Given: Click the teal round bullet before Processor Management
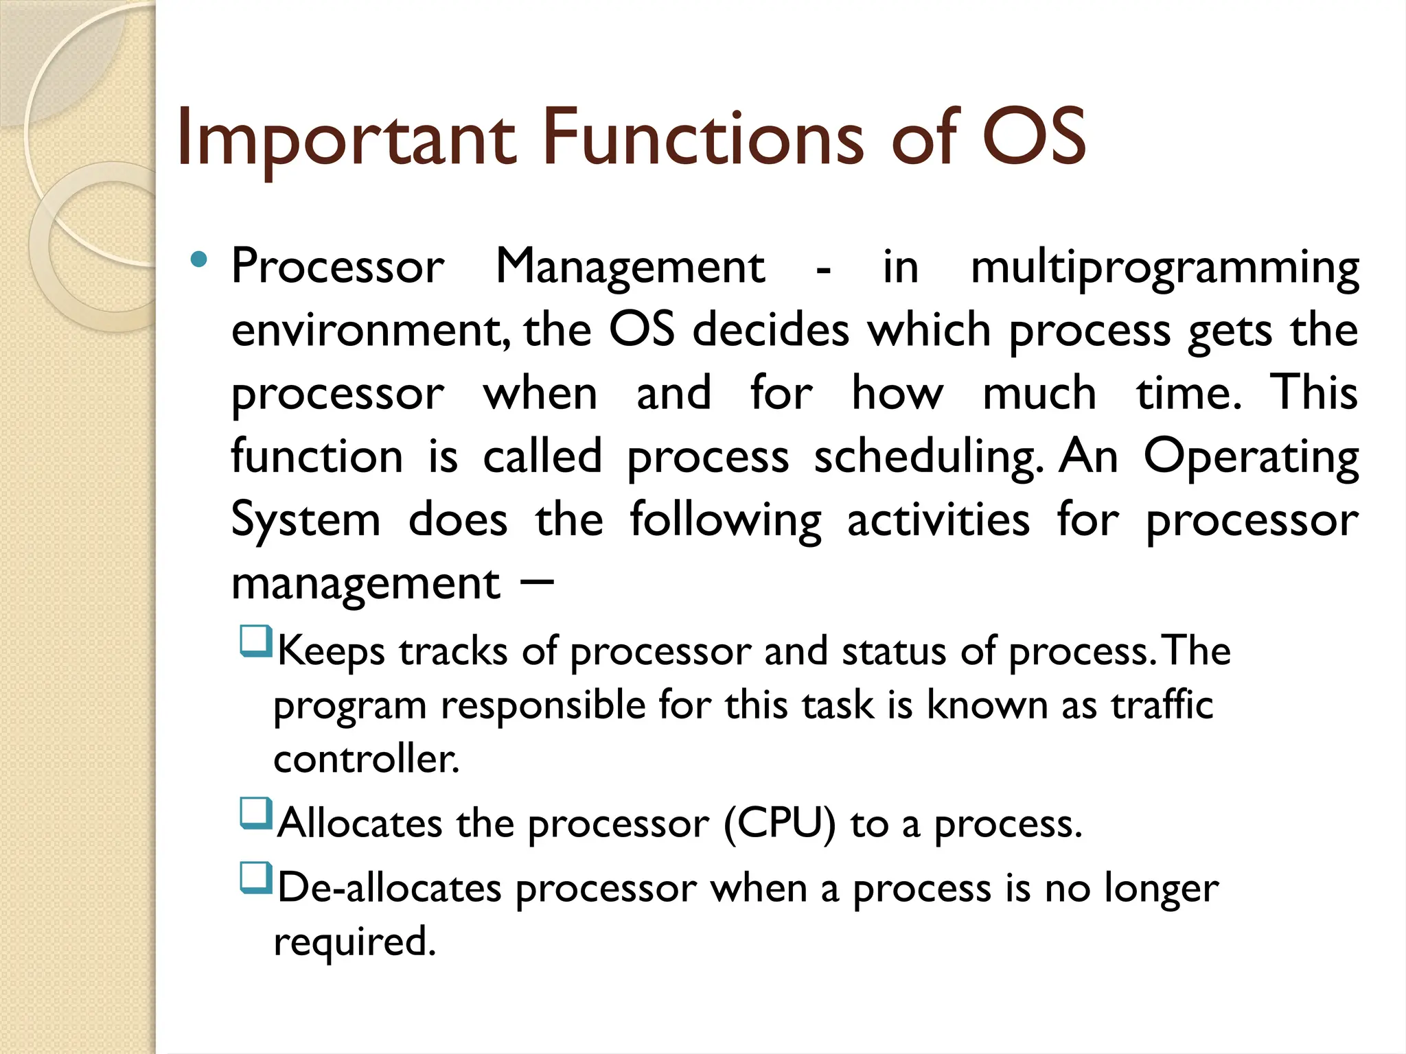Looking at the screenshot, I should tap(198, 259).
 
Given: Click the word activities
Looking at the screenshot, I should tap(938, 519).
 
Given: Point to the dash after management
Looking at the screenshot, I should tap(537, 583).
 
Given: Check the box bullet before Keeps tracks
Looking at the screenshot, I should tap(256, 641).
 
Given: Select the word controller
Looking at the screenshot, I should tap(366, 759).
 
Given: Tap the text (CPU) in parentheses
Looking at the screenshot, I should tap(780, 823).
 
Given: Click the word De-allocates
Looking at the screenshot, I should tap(389, 888).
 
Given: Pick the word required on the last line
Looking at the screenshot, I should tap(354, 942).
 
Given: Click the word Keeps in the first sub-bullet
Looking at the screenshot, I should tap(331, 651).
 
